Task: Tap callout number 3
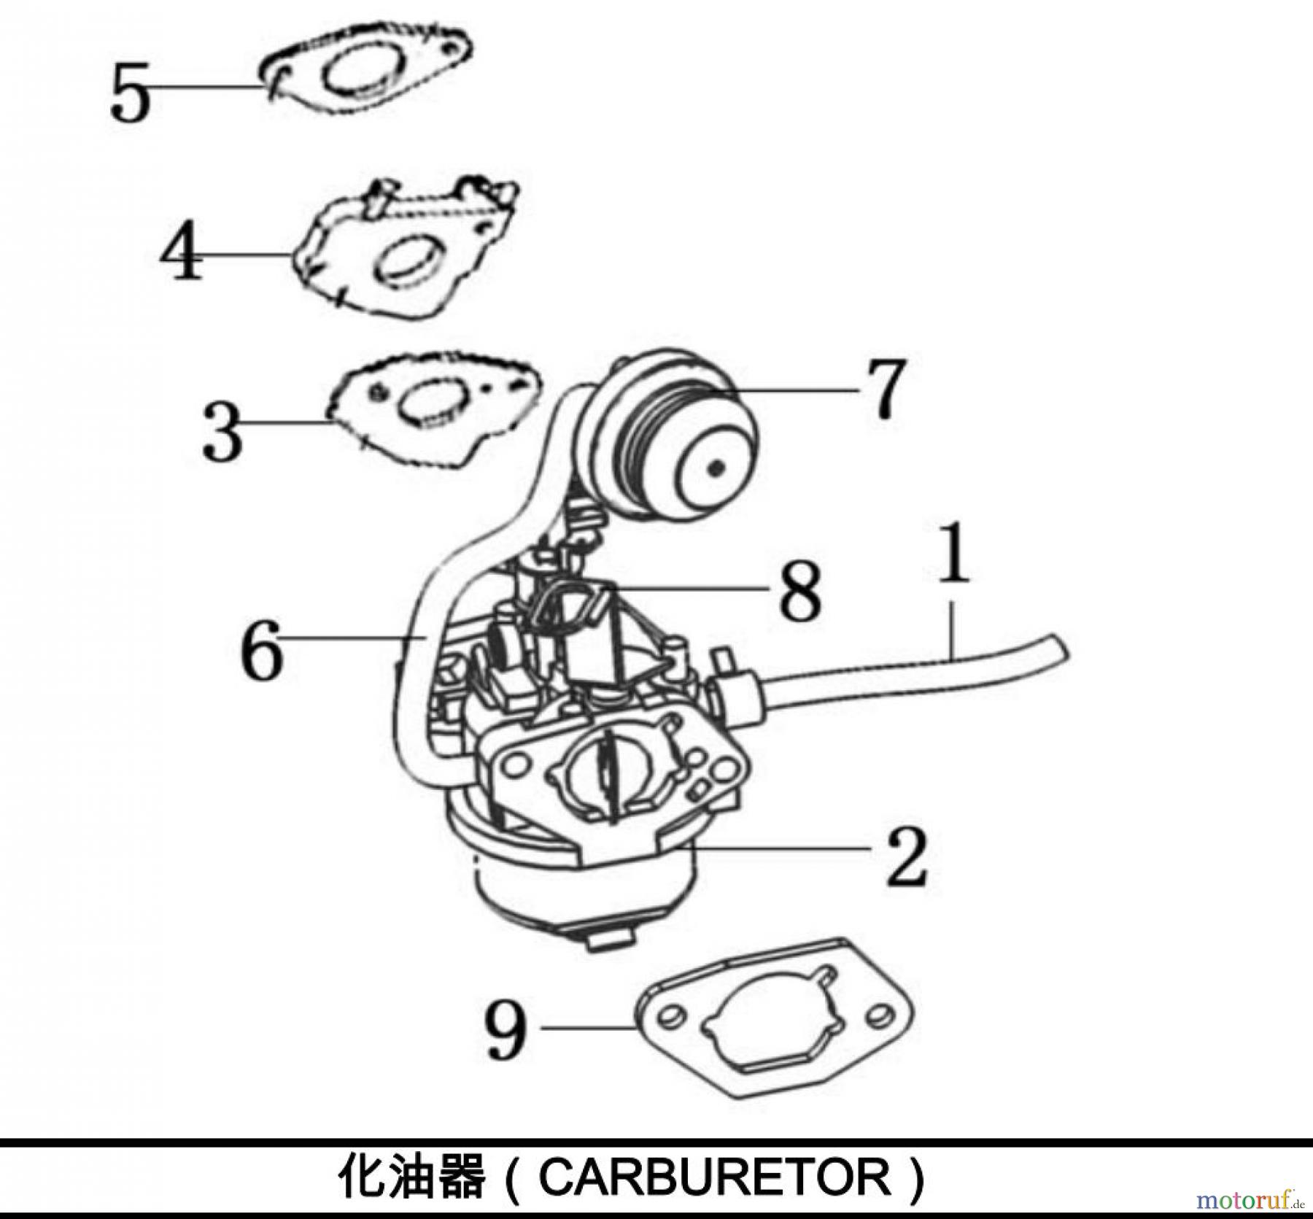tap(222, 433)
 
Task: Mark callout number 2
tap(906, 859)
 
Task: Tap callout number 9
tap(506, 1030)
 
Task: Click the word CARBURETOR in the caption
tap(715, 1177)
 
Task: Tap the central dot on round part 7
tap(718, 468)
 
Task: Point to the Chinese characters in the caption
tap(413, 1177)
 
